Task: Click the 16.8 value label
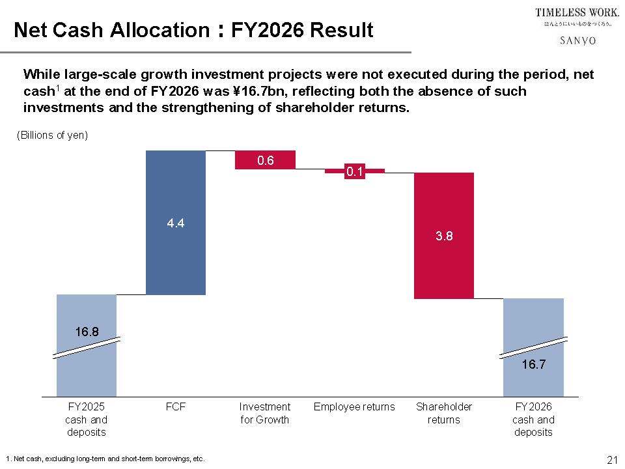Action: tap(87, 332)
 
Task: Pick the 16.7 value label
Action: tap(533, 365)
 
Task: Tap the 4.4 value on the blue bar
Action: tap(176, 223)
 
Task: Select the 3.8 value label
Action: tap(444, 237)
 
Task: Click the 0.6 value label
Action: tap(266, 160)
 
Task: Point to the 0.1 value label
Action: tap(354, 172)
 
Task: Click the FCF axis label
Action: tap(176, 407)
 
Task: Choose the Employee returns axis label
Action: tap(354, 407)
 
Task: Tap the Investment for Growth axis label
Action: tap(265, 413)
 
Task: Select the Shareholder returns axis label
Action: tap(444, 413)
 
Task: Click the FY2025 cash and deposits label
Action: tap(87, 419)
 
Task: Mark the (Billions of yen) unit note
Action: tap(52, 135)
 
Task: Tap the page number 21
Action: tap(611, 460)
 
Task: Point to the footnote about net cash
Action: tap(104, 459)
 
